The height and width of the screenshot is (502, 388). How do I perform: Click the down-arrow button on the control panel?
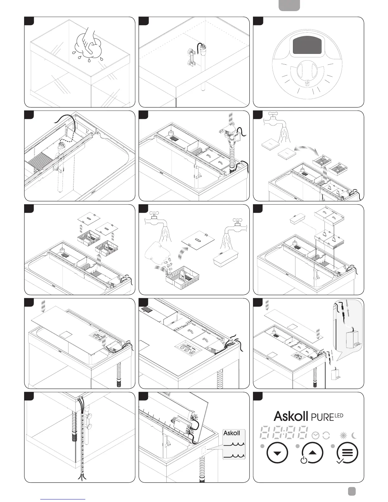[x=277, y=453]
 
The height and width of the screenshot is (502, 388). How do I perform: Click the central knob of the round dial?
[x=307, y=73]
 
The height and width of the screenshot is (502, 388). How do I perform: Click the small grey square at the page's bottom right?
[x=351, y=491]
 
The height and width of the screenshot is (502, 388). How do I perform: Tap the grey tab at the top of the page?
[x=289, y=5]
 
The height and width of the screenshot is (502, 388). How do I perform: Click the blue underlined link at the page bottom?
[x=63, y=499]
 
